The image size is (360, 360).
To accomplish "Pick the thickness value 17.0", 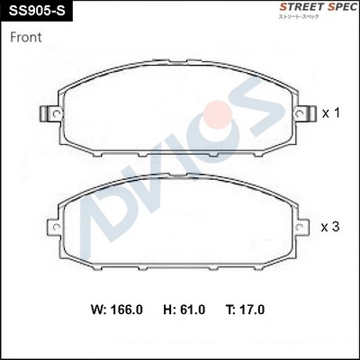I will (x=253, y=310).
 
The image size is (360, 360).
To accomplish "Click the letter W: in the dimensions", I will (x=101, y=310).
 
